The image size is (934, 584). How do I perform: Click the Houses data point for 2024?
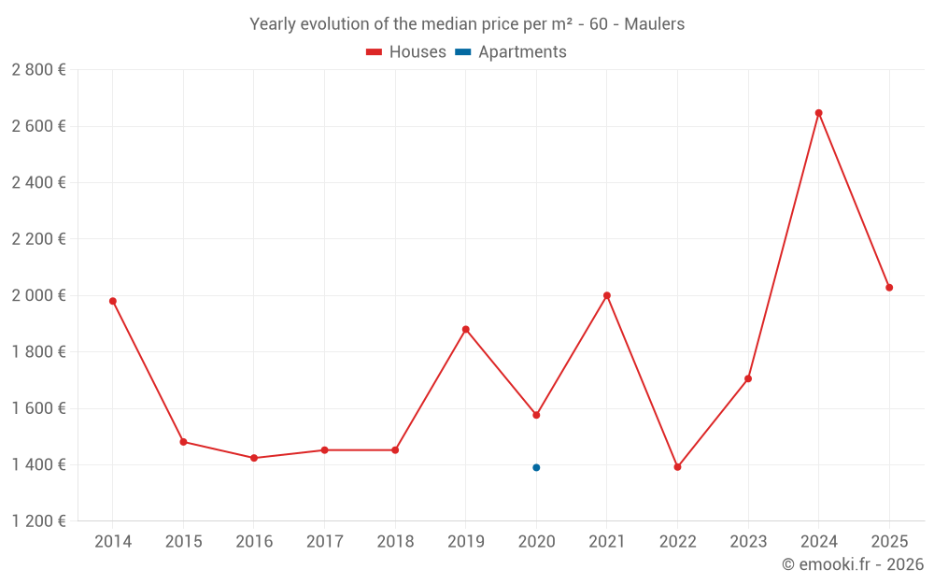818,113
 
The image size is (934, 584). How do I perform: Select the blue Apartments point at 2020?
536,467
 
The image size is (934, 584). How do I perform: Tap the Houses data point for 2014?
113,301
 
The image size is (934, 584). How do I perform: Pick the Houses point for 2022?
677,467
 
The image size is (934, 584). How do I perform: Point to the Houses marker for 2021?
607,295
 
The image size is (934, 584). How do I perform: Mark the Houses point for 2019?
466,329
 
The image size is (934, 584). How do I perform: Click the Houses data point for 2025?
889,288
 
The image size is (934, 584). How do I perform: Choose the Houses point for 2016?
254,458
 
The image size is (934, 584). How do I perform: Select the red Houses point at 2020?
536,415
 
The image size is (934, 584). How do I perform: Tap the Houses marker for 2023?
748,378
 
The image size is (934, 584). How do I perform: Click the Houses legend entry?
406,52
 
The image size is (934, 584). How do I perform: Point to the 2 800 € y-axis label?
38,69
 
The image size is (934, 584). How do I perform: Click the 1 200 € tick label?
38,521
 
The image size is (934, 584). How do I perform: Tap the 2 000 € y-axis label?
38,295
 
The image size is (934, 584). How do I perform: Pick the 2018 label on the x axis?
395,542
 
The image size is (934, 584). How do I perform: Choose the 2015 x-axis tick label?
183,542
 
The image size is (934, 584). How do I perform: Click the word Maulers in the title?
655,24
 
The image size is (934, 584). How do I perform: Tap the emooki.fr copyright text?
853,564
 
